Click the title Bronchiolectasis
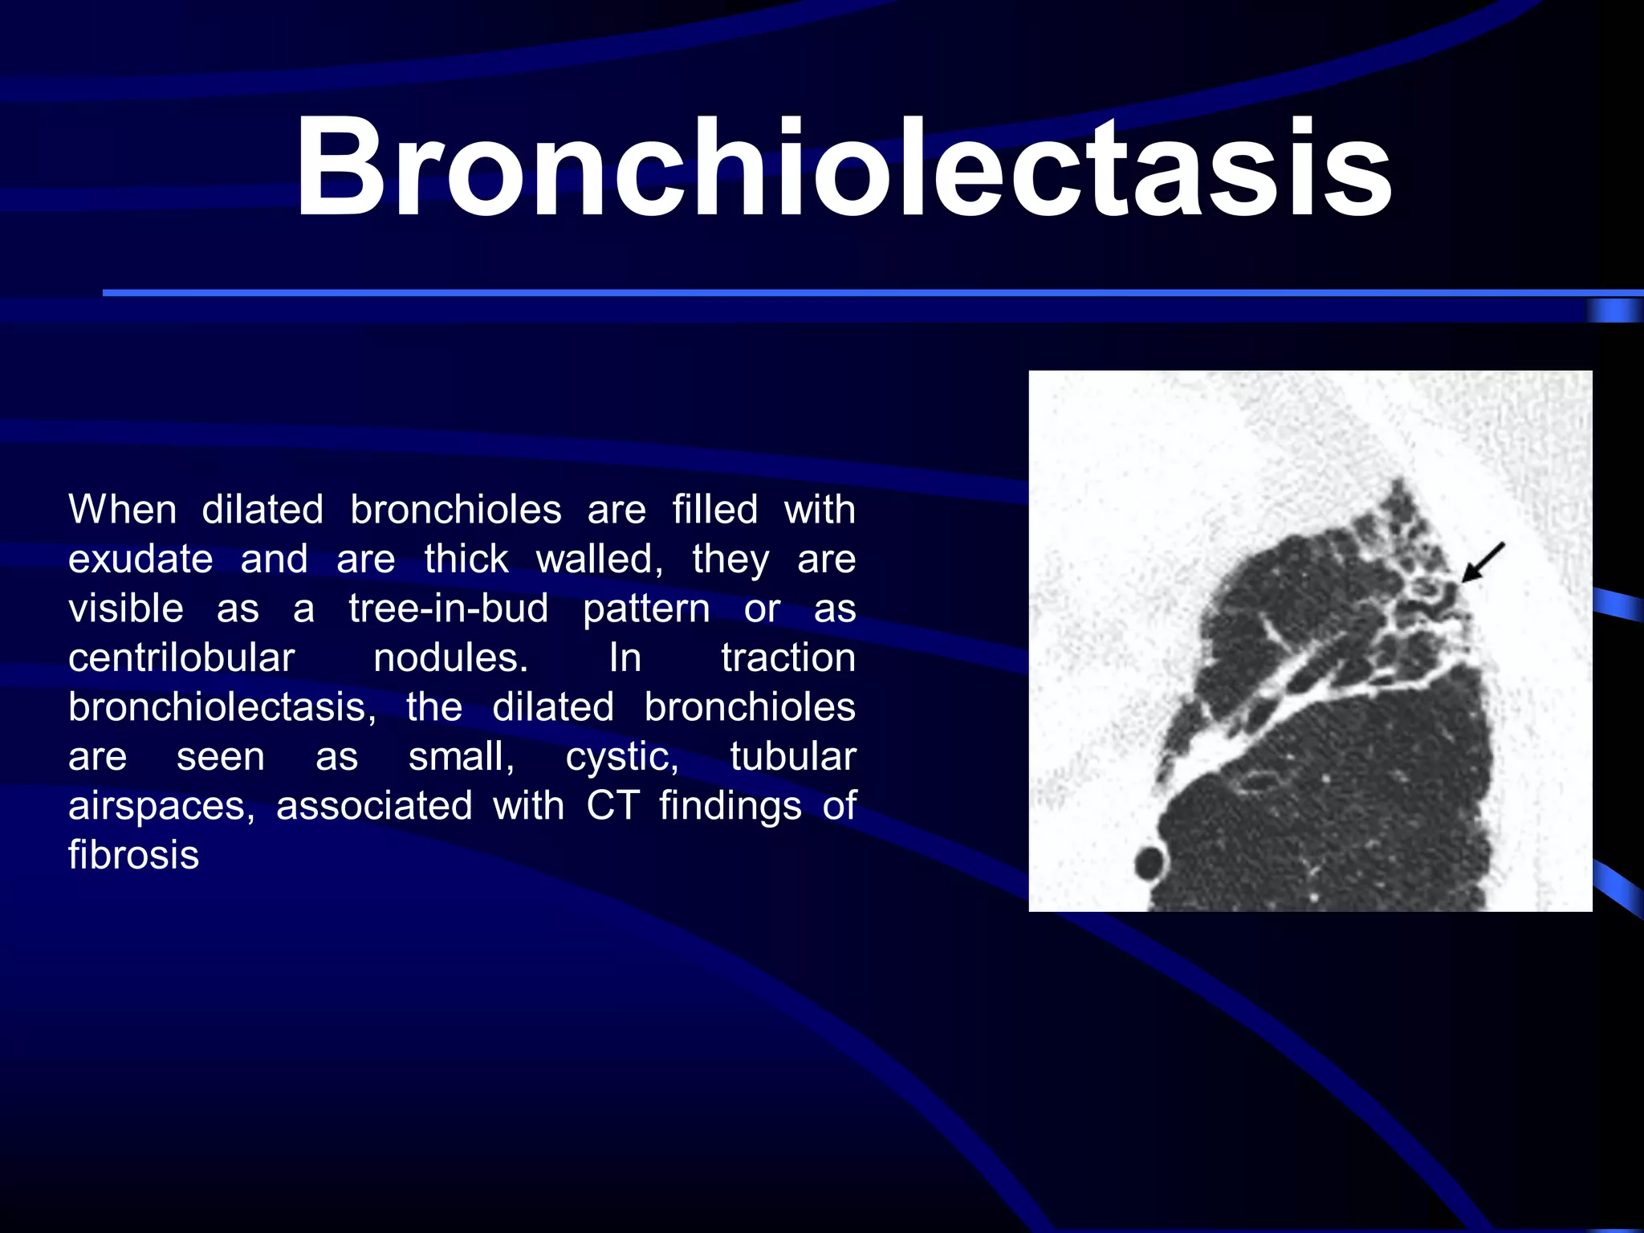coord(843,169)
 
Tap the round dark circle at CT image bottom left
coord(1150,865)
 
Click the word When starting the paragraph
coord(122,510)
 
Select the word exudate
coord(140,560)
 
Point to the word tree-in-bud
coord(449,608)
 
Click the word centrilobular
coord(181,658)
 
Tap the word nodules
coord(450,658)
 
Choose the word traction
coord(787,658)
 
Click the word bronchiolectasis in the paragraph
coord(222,708)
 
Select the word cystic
coord(622,757)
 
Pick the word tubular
coord(792,757)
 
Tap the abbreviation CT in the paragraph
coord(612,806)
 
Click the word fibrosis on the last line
coord(133,855)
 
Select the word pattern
coord(646,608)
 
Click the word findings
coord(730,806)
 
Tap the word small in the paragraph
coord(461,757)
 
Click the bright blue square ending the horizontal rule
coord(1613,311)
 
